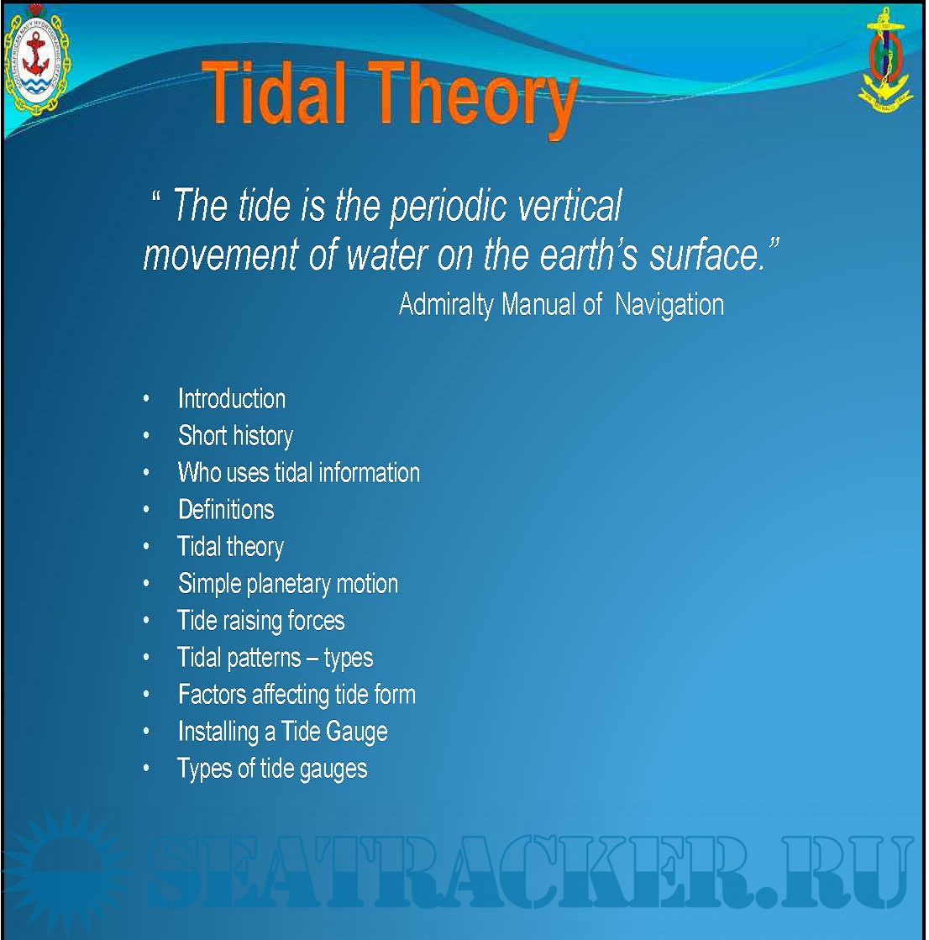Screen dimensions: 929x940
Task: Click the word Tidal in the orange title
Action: pyautogui.click(x=276, y=93)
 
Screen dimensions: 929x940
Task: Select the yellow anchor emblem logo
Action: pyautogui.click(x=885, y=60)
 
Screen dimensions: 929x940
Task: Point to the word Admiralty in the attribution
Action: pyautogui.click(x=446, y=305)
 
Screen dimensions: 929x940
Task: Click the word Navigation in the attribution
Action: pyautogui.click(x=669, y=305)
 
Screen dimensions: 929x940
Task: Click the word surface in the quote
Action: pyautogui.click(x=707, y=255)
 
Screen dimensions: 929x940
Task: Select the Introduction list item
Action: pyautogui.click(x=231, y=399)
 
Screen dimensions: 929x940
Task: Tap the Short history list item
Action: pyautogui.click(x=235, y=436)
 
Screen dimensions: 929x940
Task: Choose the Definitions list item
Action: pyautogui.click(x=226, y=510)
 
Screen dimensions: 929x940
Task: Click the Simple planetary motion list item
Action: pyautogui.click(x=288, y=584)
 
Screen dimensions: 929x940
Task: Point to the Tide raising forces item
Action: pyautogui.click(x=260, y=621)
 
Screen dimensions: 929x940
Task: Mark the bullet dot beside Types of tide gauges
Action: pyautogui.click(x=146, y=768)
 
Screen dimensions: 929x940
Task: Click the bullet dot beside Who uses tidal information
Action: pyautogui.click(x=146, y=472)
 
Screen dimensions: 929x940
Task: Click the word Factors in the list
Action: pyautogui.click(x=213, y=694)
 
